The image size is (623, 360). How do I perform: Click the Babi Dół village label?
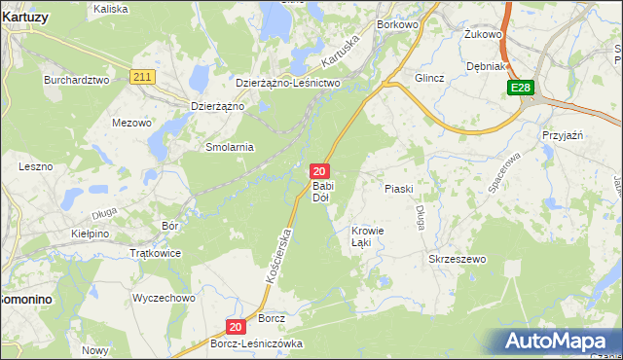[323, 192]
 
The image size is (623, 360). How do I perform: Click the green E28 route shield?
[521, 89]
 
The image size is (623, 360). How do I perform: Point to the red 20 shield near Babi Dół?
[318, 170]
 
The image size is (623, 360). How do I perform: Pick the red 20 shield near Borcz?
[235, 329]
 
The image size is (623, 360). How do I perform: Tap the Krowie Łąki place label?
[368, 236]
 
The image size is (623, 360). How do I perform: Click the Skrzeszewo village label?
[457, 260]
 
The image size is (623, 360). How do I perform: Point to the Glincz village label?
[429, 78]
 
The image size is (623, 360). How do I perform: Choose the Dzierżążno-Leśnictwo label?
[287, 84]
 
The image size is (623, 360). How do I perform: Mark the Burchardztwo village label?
[76, 80]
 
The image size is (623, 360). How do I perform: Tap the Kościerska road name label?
[278, 255]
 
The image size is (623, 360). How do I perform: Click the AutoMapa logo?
[559, 341]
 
